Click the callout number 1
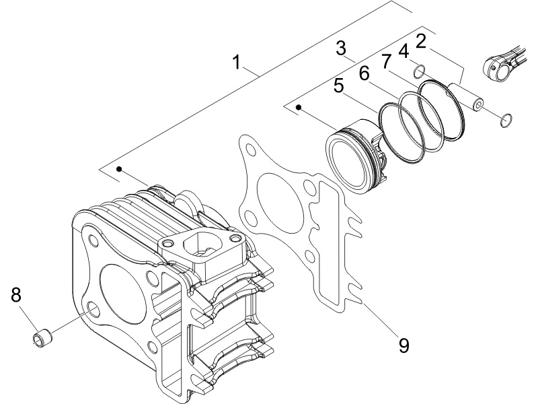pyautogui.click(x=236, y=62)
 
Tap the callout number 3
pyautogui.click(x=341, y=48)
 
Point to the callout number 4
pyautogui.click(x=403, y=51)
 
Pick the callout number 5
pyautogui.click(x=339, y=86)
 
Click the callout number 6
pyautogui.click(x=364, y=73)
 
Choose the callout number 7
pyautogui.click(x=386, y=62)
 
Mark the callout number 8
pyautogui.click(x=16, y=294)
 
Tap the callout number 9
pyautogui.click(x=403, y=345)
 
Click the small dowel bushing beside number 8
pyautogui.click(x=42, y=334)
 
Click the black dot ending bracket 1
pyautogui.click(x=119, y=170)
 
